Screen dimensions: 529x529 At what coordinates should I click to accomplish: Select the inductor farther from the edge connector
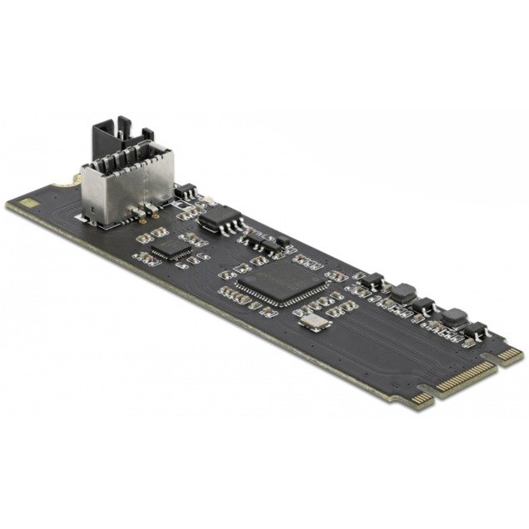coord(404,290)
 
